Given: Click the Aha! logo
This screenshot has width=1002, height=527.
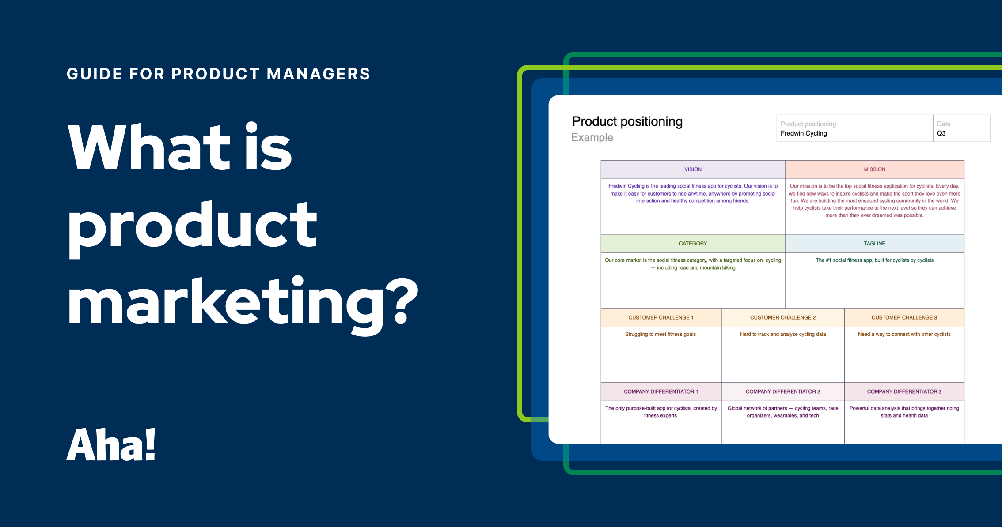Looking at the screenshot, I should coord(111,445).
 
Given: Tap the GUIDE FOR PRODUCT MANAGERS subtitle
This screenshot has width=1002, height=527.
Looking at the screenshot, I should coord(218,74).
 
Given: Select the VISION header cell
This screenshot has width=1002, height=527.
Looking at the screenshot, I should coord(693,169).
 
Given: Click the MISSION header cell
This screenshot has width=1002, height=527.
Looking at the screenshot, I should coord(874,169).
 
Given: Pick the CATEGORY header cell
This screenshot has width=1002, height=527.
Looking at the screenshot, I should coord(693,244).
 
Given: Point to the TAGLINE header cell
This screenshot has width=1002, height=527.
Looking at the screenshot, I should coord(874,244).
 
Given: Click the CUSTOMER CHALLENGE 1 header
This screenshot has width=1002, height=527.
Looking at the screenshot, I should coord(660,318).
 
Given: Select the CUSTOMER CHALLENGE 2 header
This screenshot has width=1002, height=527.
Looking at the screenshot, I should coord(782,318).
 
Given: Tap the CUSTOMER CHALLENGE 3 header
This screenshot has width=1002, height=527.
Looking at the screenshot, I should coord(904,318).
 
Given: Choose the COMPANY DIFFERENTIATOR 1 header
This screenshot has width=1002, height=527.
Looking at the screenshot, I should coord(660,392).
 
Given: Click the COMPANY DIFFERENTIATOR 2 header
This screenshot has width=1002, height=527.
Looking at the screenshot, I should coord(782,392).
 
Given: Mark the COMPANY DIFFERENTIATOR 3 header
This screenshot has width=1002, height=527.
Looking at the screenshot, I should coord(904,392).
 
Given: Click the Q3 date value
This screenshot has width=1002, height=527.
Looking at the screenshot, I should coord(941,133).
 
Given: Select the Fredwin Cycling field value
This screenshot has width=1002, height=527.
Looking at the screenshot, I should coord(803,133).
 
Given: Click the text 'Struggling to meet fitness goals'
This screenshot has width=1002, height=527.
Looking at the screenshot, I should coord(660,335).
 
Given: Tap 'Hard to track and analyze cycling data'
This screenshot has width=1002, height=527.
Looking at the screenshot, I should coord(782,335).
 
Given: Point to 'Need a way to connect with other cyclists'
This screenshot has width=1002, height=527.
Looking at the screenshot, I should coord(904,335).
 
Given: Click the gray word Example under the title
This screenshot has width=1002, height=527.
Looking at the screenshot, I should coord(592,138).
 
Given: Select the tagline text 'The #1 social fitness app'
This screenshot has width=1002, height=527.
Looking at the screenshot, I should coord(874,260).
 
